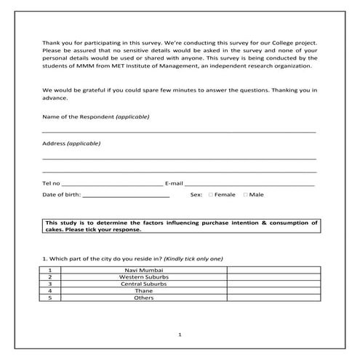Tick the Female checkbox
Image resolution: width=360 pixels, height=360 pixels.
pos(211,195)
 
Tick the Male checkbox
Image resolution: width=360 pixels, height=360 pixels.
pos(246,195)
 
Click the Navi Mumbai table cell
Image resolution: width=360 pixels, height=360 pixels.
pos(139,270)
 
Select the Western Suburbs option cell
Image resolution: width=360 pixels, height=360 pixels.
pos(139,277)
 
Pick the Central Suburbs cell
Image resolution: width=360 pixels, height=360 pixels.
pos(139,284)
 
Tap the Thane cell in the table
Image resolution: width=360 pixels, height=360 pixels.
pos(139,291)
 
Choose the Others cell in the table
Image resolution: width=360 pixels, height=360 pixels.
pos(139,297)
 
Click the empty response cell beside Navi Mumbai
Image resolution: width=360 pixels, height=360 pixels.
pos(271,270)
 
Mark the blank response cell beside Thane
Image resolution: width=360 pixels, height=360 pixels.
pos(271,291)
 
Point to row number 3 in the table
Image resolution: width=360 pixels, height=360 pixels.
pos(49,284)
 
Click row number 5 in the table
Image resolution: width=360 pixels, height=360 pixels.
pos(49,297)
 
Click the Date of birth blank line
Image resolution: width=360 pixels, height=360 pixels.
pos(127,196)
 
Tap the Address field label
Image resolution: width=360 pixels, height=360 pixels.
pos(54,143)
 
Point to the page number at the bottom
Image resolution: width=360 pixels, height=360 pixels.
pos(180,335)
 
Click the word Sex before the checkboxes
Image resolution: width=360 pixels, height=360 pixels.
pos(196,195)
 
